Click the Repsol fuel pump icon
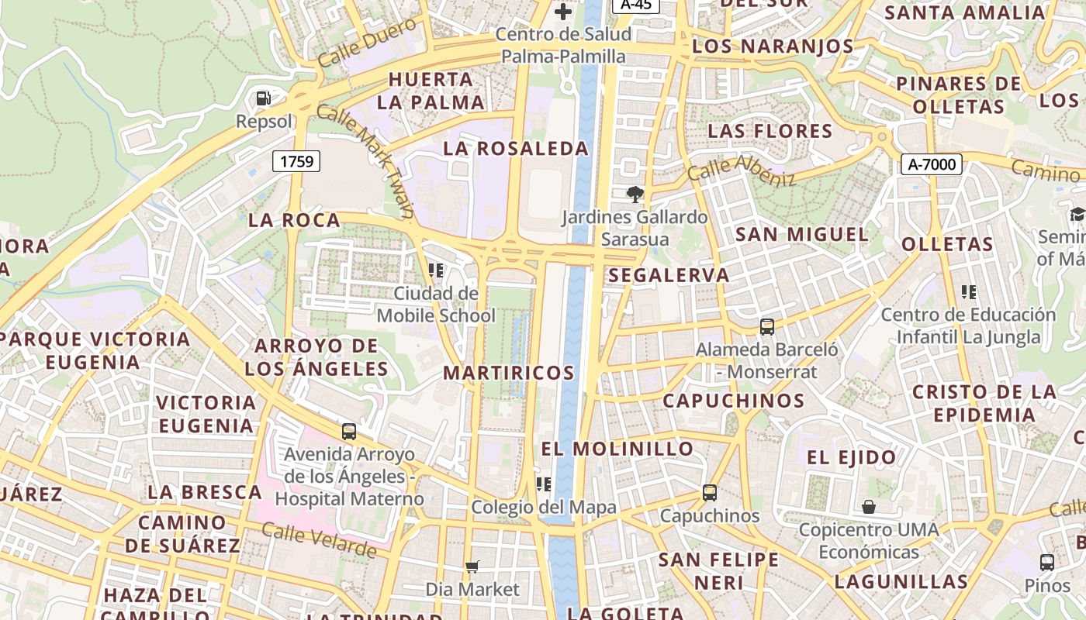264,98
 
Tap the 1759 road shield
296,161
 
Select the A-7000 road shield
932,164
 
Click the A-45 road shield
636,5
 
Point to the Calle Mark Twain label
365,160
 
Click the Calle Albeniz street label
741,170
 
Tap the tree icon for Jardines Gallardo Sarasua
635,194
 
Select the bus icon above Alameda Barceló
767,327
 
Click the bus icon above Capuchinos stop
709,492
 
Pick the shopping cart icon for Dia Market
472,567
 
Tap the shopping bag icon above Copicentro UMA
869,507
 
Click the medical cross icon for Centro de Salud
563,12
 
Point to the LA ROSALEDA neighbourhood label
516,149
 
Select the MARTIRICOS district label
509,373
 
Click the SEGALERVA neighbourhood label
669,275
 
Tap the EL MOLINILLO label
617,449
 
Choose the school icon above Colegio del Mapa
544,484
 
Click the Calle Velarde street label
319,540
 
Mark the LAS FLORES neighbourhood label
770,130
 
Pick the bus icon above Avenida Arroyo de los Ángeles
349,431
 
